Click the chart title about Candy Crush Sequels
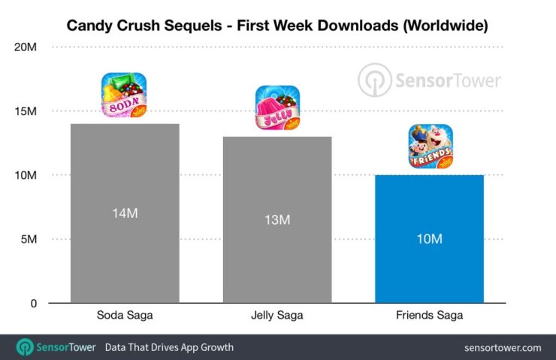[x=277, y=26]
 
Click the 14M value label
[x=125, y=213]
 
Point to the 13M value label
[x=277, y=219]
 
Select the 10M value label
[x=429, y=239]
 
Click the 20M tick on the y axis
[x=26, y=47]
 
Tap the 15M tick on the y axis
[x=26, y=111]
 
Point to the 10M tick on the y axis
[x=26, y=175]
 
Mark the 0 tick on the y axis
[x=33, y=304]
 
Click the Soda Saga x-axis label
[x=125, y=316]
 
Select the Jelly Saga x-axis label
[x=277, y=316]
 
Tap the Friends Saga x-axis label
[x=429, y=316]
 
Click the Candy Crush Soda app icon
[x=125, y=95]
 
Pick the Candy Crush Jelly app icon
[x=277, y=107]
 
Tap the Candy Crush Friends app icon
[x=430, y=146]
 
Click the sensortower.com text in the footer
[x=503, y=347]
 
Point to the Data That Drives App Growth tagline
[x=169, y=347]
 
